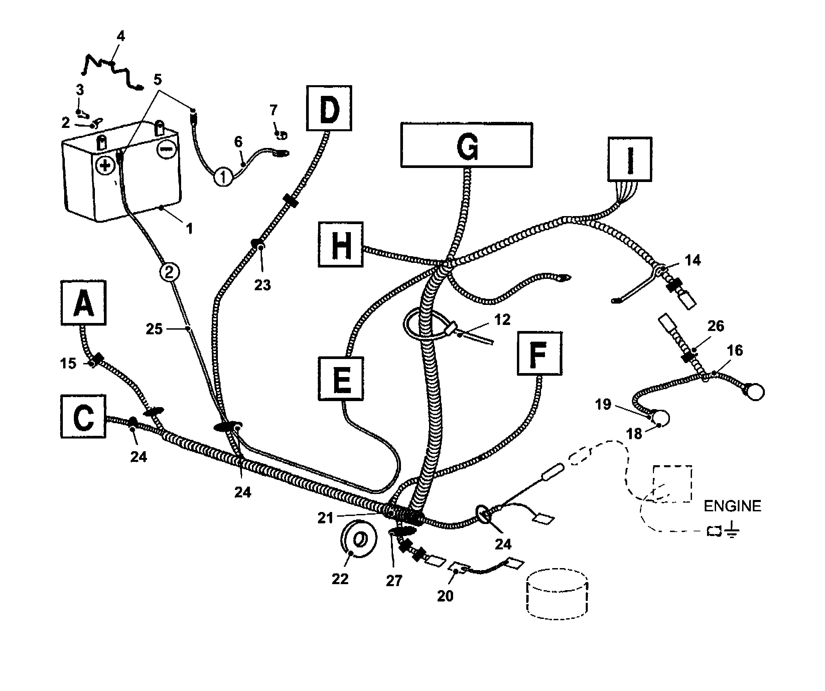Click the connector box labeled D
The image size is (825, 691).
[329, 108]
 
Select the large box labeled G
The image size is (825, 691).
[467, 145]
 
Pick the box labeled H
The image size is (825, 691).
[340, 244]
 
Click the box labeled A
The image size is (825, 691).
[84, 303]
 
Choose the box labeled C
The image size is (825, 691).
[83, 416]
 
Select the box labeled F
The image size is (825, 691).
[539, 353]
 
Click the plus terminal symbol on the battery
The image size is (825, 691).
[105, 165]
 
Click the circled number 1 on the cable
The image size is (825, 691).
[223, 177]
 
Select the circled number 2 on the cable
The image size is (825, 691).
[169, 272]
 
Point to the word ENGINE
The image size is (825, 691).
[732, 506]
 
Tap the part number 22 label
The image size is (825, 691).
[340, 579]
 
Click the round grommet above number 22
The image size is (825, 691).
[359, 539]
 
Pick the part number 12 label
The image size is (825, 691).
[502, 320]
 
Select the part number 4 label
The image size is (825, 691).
[121, 36]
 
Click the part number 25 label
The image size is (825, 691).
[154, 329]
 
